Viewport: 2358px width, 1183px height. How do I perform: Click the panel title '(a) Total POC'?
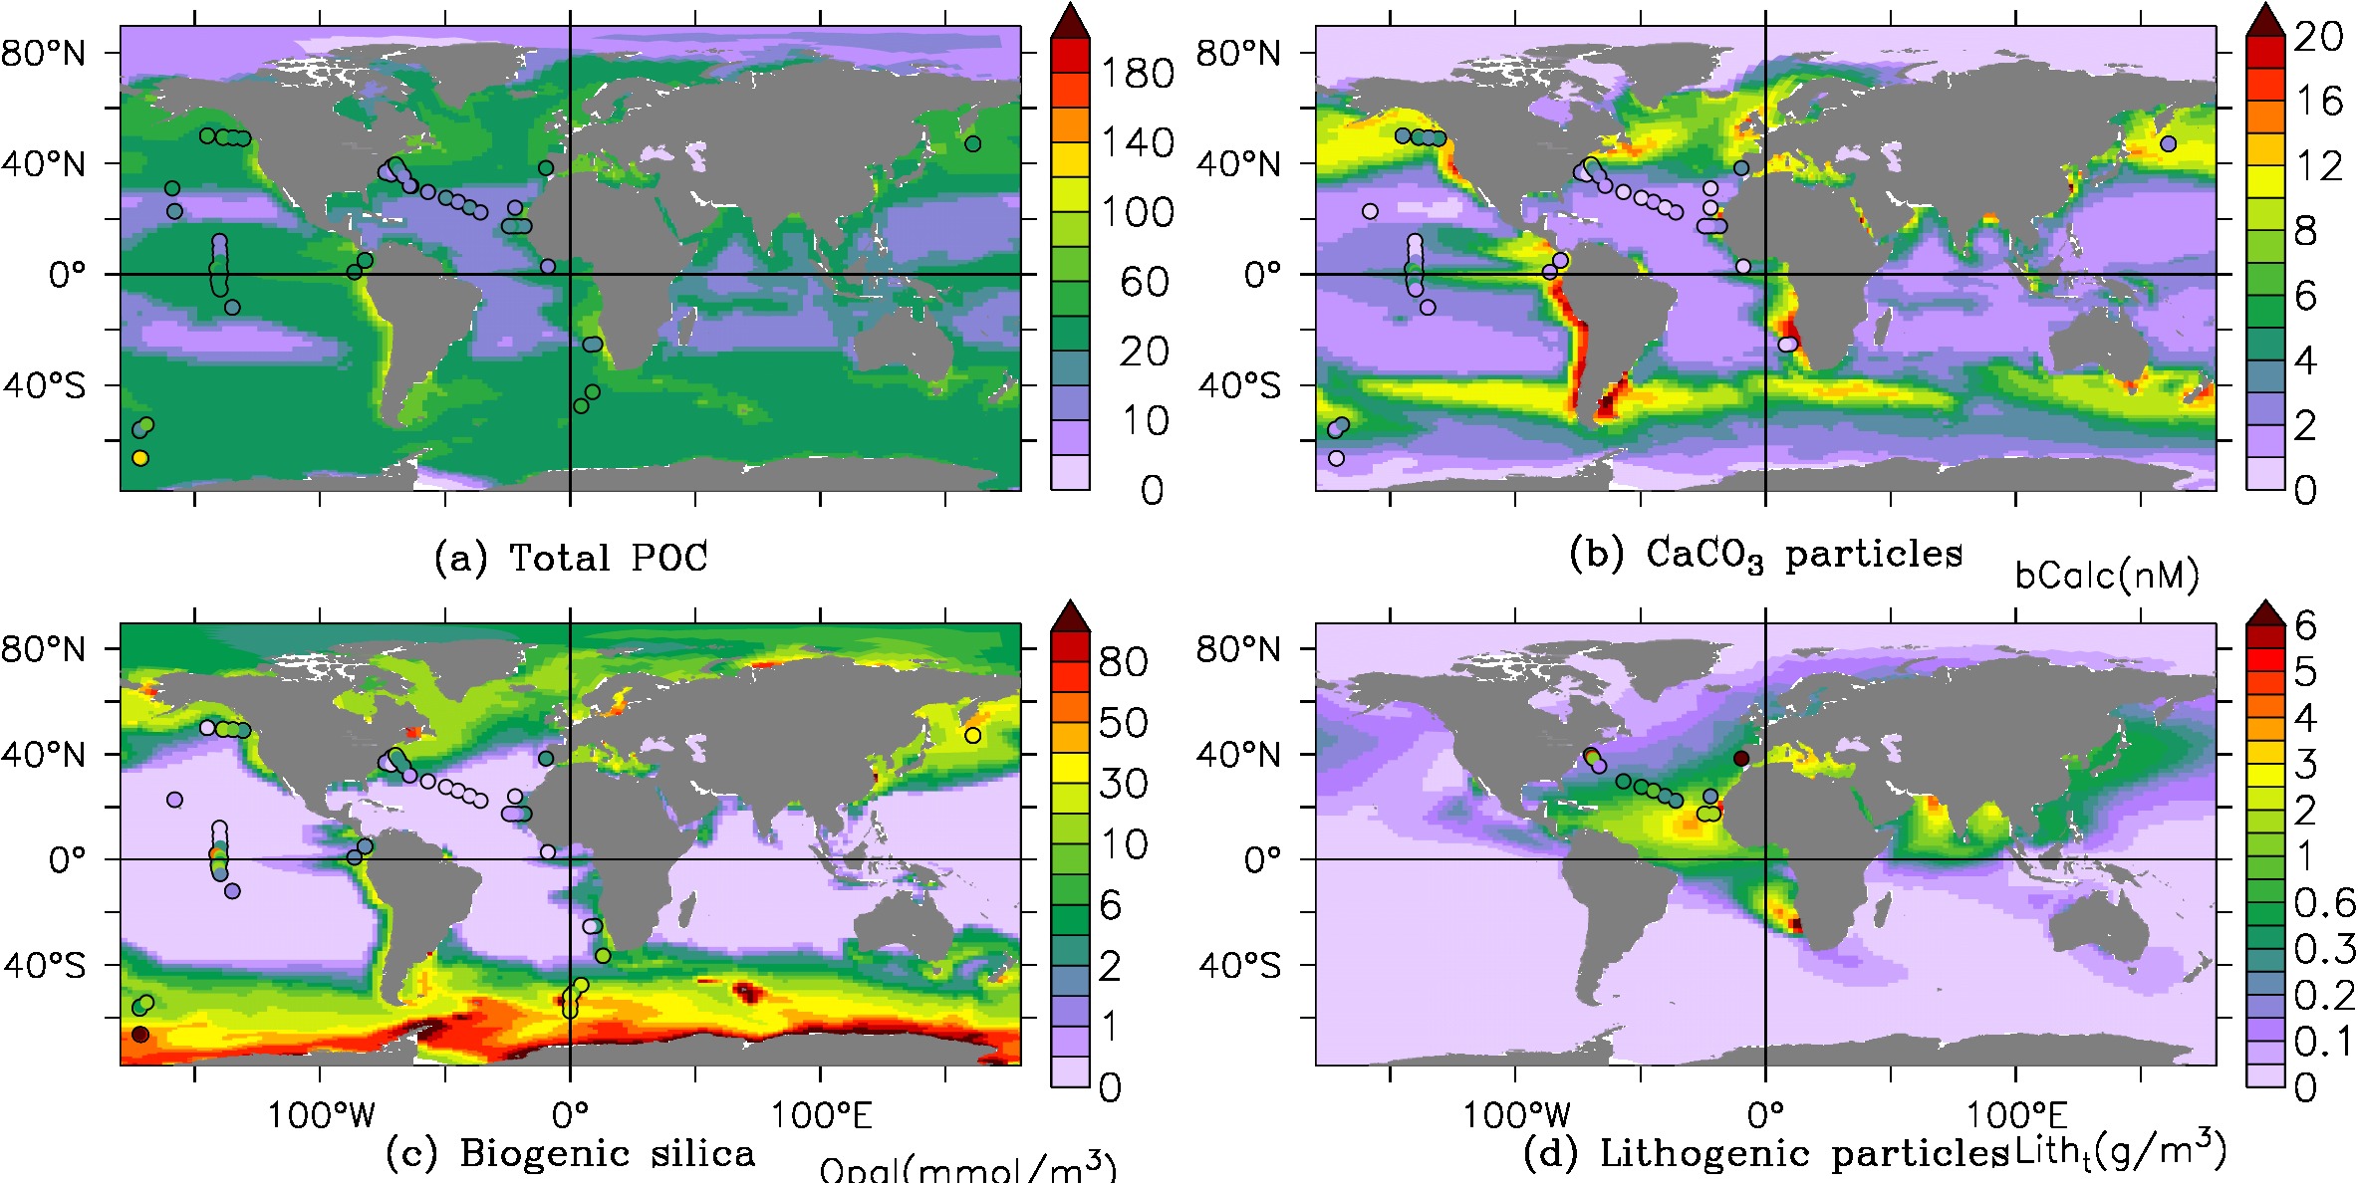[571, 558]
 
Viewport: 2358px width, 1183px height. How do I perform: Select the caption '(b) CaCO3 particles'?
[1764, 554]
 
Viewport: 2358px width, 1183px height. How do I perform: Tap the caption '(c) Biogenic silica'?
[570, 1153]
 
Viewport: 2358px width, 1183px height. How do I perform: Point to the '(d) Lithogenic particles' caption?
[1765, 1153]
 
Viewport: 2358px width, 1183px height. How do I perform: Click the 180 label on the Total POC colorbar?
[1137, 74]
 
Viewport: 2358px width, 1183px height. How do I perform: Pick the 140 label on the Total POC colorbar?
[1137, 143]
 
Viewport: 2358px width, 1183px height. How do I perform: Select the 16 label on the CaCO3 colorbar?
[2318, 101]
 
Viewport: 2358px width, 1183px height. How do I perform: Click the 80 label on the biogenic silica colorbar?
[1123, 662]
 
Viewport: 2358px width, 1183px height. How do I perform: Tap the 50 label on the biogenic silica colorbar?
[1123, 723]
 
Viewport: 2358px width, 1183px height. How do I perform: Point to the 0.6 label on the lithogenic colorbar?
[2325, 903]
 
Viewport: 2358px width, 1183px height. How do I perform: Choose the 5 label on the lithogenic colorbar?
[2305, 672]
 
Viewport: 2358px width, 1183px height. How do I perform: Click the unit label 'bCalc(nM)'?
[2107, 576]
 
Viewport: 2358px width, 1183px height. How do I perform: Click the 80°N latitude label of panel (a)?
[44, 53]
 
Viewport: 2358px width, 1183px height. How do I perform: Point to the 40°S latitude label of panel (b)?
[1238, 385]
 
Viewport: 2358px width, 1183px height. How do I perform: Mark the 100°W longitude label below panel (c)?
[321, 1115]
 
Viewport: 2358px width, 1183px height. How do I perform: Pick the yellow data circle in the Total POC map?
[140, 458]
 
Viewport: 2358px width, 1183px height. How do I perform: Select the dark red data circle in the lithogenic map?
[1741, 759]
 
